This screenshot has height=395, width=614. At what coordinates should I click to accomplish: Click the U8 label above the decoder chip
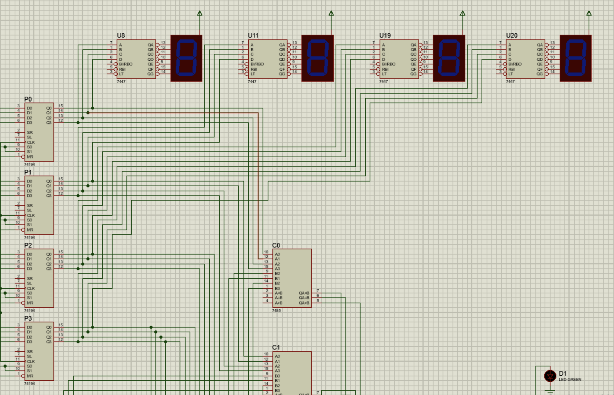121,36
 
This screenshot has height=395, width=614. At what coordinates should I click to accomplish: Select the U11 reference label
253,36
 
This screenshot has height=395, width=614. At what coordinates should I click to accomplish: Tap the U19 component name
385,36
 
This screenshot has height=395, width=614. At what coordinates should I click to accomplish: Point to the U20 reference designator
512,36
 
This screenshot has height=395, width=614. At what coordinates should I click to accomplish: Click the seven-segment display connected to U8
187,58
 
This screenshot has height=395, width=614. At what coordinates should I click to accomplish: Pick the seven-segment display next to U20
575,58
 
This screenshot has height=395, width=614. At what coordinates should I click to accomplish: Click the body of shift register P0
39,132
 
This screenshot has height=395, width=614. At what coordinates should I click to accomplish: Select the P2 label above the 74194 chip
28,245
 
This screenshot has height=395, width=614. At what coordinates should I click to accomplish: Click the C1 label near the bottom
276,347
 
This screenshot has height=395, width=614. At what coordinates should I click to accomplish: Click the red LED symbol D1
550,376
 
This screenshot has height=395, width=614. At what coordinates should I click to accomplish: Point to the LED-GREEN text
570,380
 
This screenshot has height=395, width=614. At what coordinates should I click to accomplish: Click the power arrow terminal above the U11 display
331,14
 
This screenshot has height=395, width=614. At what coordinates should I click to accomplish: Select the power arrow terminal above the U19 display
463,14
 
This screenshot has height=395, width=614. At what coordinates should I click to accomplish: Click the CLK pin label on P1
31,215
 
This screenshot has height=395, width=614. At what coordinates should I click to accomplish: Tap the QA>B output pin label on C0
304,303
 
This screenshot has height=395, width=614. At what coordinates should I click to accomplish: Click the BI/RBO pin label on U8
126,64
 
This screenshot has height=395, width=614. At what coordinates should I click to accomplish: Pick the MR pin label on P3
30,376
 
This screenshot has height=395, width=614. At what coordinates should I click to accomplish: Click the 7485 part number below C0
276,310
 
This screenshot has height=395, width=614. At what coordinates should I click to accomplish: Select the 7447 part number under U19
383,82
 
